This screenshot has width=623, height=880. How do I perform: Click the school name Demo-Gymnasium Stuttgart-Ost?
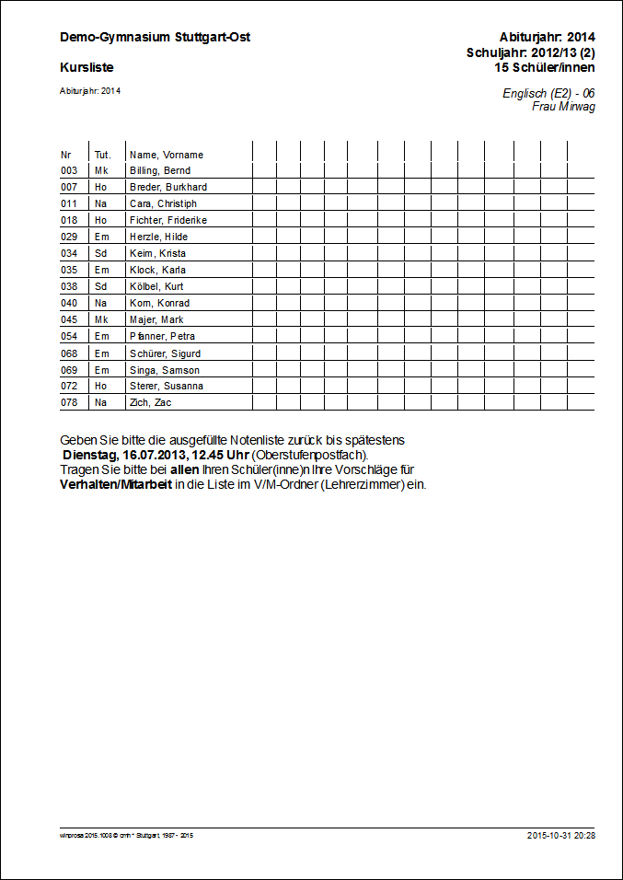(155, 37)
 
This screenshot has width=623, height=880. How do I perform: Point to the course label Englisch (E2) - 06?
(548, 94)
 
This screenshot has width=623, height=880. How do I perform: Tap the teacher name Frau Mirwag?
(563, 107)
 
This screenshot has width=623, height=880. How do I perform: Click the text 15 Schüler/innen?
(544, 67)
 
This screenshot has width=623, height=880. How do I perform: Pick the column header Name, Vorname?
(167, 155)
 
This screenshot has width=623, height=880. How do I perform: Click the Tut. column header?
(102, 155)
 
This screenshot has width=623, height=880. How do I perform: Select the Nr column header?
(65, 155)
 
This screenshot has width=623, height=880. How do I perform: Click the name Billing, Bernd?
(160, 170)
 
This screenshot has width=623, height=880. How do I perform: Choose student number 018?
(69, 220)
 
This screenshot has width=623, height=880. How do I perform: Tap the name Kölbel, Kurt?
(156, 286)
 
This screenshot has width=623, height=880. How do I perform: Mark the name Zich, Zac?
(150, 402)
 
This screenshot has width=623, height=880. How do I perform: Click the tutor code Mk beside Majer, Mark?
(101, 319)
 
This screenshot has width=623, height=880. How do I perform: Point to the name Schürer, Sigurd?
(165, 353)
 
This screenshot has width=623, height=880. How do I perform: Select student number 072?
(69, 386)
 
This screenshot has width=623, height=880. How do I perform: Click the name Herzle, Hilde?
(158, 237)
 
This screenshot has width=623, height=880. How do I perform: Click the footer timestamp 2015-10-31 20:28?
(560, 835)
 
